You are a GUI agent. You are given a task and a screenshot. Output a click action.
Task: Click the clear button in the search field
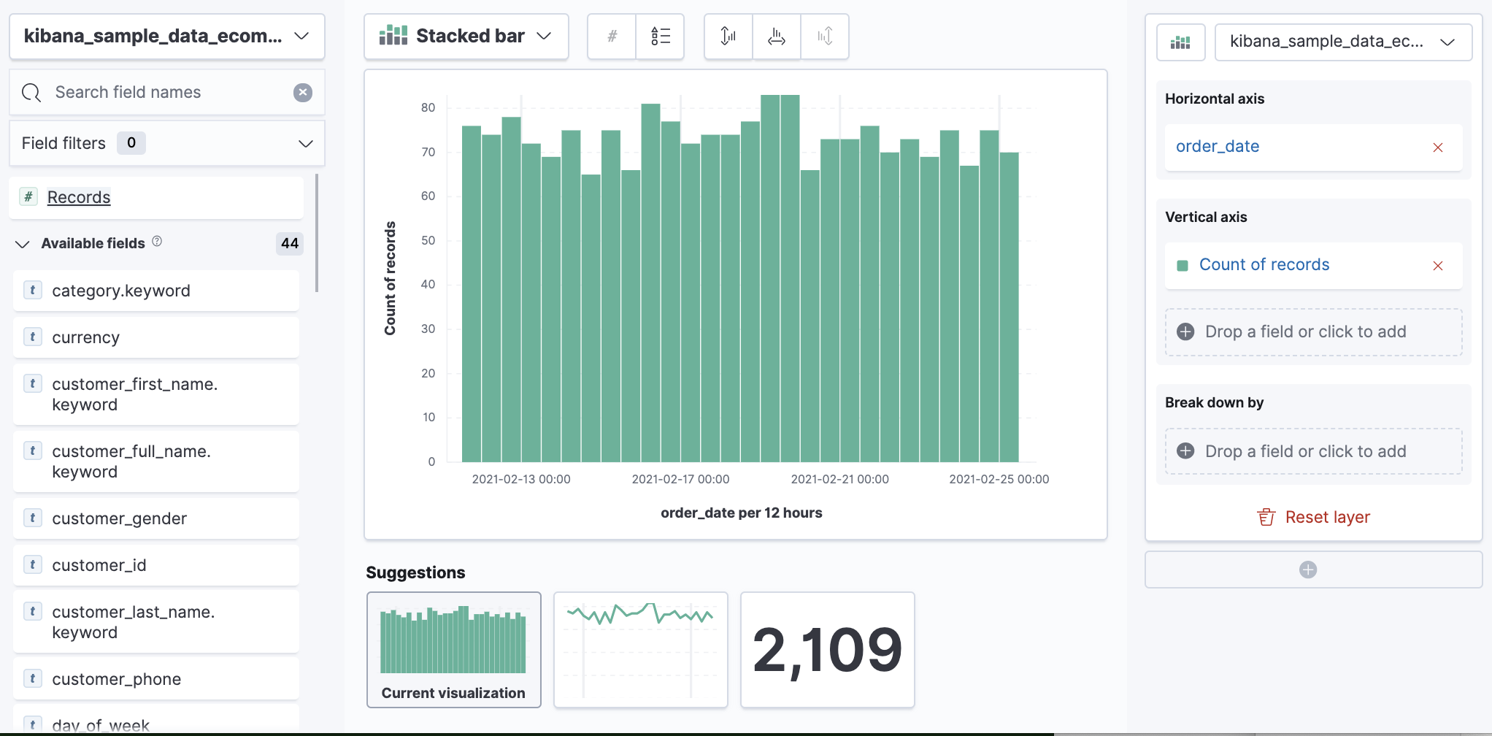[303, 92]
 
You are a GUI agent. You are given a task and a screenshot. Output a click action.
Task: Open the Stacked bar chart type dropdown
[466, 36]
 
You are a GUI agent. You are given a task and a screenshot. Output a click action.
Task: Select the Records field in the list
[79, 197]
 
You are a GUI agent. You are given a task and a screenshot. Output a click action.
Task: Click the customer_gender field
[119, 518]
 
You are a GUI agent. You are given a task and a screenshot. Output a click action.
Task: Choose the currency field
[85, 337]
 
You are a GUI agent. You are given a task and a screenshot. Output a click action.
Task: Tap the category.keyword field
[120, 291]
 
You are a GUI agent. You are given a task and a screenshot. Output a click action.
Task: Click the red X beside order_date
[1437, 147]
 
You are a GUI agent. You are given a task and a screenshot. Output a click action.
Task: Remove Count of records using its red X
[1437, 266]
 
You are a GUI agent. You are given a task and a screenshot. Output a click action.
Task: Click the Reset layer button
[1313, 517]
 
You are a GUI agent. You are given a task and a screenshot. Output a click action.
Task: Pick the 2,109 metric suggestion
[827, 649]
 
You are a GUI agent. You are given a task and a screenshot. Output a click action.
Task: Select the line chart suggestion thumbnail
[640, 649]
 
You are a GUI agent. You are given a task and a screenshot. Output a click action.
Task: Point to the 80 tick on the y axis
[428, 107]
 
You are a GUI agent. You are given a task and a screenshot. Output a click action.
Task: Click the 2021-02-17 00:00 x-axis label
[680, 479]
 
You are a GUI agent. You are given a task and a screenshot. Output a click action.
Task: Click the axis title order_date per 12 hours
[741, 513]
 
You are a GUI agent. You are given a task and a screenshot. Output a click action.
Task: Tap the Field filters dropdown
[166, 143]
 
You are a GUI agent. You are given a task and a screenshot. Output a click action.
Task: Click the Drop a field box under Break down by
[1313, 451]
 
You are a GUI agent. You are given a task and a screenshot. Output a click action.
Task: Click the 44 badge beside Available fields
[290, 243]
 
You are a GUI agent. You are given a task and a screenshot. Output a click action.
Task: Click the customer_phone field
[116, 679]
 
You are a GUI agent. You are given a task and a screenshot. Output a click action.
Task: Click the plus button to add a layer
[1307, 570]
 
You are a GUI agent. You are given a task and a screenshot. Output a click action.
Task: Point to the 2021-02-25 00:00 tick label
[999, 479]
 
